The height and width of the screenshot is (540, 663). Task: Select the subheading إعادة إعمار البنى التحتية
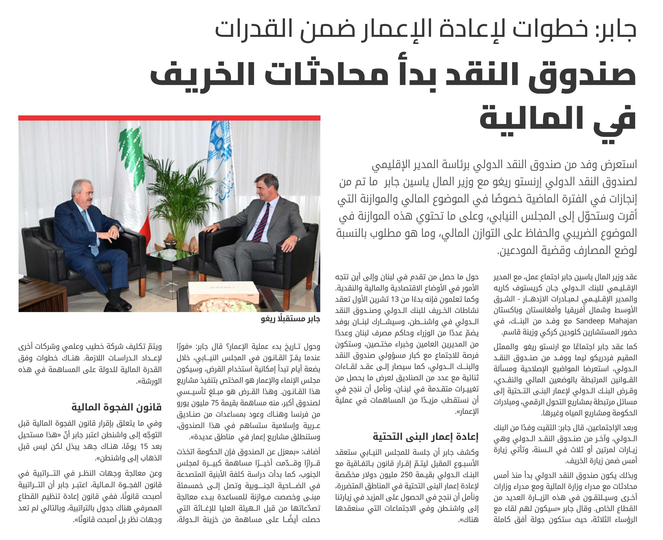(x=425, y=437)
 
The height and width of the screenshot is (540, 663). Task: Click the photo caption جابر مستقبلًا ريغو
(x=290, y=319)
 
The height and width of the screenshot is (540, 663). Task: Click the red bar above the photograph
(x=169, y=118)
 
